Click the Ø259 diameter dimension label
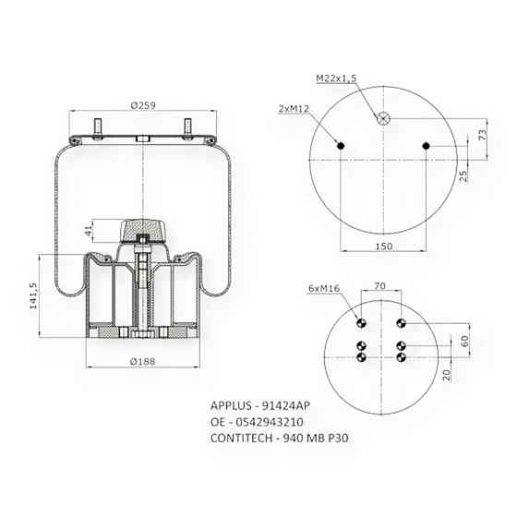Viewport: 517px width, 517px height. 142,106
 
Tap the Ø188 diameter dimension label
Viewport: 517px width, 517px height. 142,360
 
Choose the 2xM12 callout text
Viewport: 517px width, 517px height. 293,108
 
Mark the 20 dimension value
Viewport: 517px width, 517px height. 446,374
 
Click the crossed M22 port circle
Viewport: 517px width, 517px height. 383,118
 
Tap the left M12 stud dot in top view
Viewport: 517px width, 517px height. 342,145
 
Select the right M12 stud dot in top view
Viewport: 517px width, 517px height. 425,145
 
